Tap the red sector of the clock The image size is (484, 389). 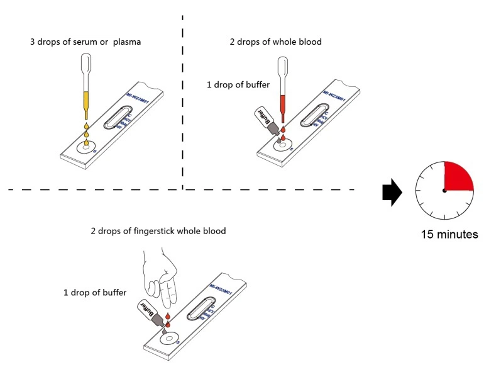(457, 176)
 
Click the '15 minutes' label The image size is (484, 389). (449, 235)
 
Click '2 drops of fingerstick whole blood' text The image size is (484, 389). (158, 231)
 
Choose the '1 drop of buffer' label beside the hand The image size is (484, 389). (95, 293)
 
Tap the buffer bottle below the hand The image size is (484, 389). (151, 312)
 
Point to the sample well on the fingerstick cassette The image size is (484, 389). (168, 339)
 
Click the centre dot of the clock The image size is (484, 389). (445, 191)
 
